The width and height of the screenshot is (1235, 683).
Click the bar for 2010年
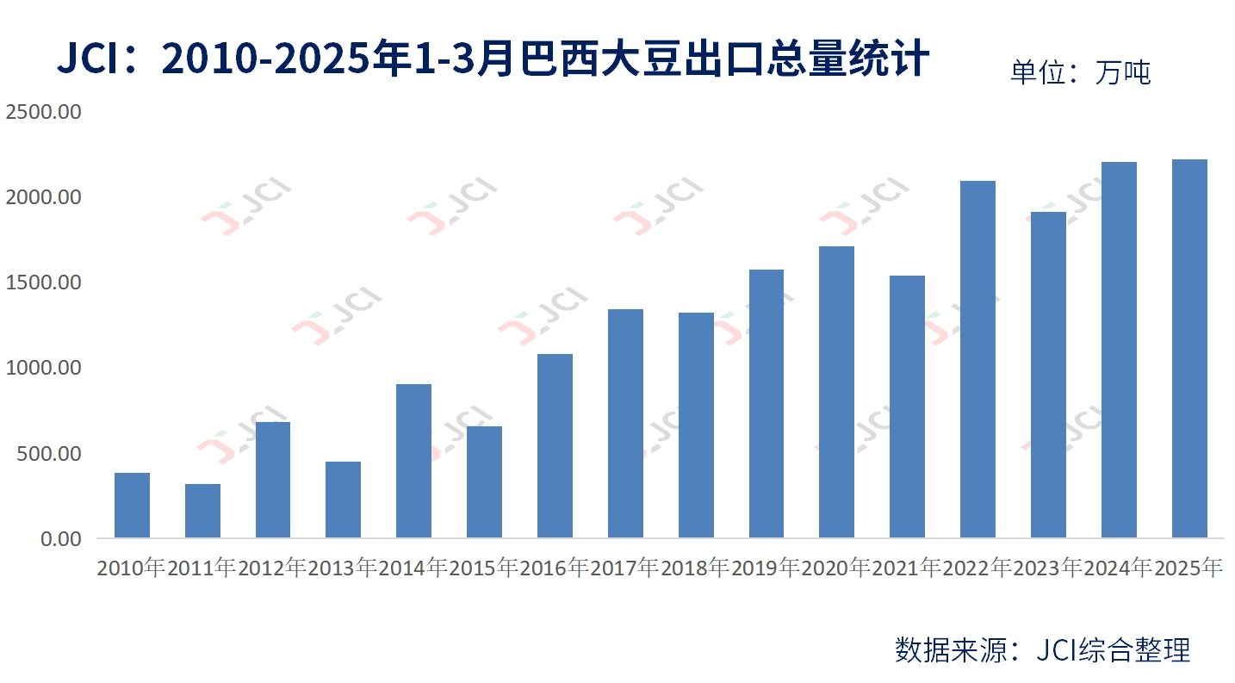pyautogui.click(x=132, y=506)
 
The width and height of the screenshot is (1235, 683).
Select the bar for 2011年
pyautogui.click(x=202, y=511)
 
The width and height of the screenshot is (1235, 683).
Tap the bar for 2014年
pyautogui.click(x=413, y=461)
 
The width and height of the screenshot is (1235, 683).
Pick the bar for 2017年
pyautogui.click(x=625, y=424)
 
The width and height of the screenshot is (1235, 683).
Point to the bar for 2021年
pyautogui.click(x=907, y=407)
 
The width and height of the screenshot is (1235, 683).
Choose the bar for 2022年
pyautogui.click(x=977, y=359)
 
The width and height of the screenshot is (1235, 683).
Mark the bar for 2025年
pyautogui.click(x=1189, y=349)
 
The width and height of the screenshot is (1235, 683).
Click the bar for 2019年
pyautogui.click(x=766, y=404)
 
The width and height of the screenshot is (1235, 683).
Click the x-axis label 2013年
pyautogui.click(x=343, y=568)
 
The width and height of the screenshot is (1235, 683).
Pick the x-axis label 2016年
pyautogui.click(x=555, y=568)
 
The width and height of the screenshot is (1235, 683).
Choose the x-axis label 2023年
pyautogui.click(x=1048, y=568)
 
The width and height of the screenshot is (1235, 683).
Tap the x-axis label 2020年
pyautogui.click(x=836, y=568)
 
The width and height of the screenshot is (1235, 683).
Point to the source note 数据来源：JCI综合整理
pyautogui.click(x=1042, y=649)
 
